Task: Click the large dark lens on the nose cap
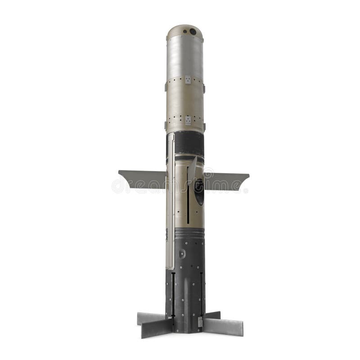(x=193, y=31)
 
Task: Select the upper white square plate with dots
(x=187, y=80)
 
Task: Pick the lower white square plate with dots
(x=187, y=120)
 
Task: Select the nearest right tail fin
(x=223, y=325)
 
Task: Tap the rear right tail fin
(x=213, y=315)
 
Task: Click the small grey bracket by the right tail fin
(x=200, y=322)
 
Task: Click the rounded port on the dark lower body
(x=182, y=254)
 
